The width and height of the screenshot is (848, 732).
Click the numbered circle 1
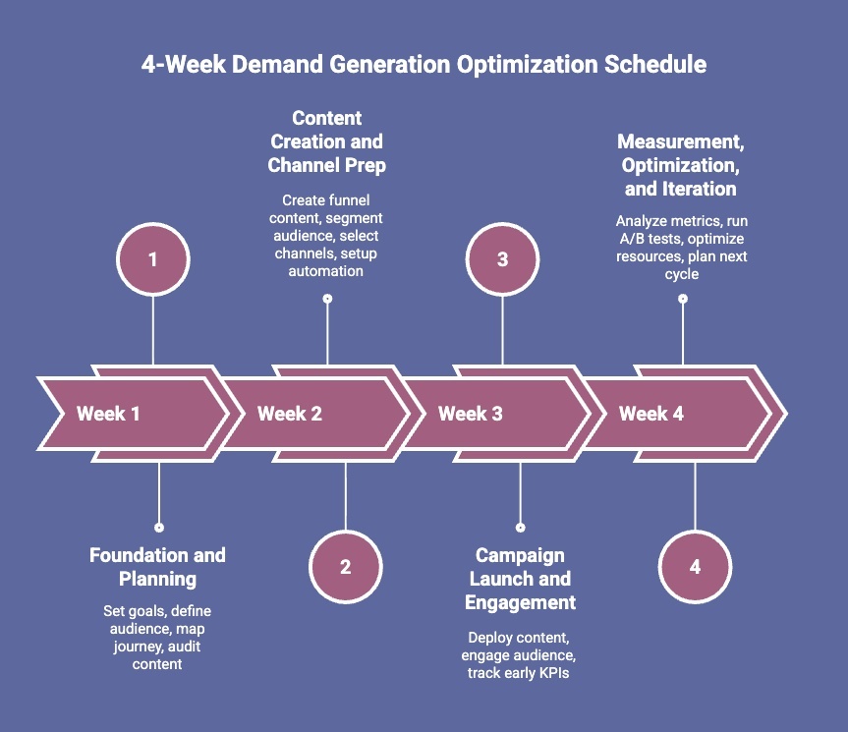point(152,259)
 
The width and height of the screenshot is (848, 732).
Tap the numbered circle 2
point(345,567)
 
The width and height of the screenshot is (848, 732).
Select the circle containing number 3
point(502,259)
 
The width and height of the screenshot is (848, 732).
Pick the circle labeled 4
point(695,567)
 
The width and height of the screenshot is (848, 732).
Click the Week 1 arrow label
point(108,414)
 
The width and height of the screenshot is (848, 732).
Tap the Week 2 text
point(289,414)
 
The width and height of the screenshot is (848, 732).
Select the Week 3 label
point(470,414)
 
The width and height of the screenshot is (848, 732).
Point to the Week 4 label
point(650,414)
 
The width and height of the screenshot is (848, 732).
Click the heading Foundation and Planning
point(157,567)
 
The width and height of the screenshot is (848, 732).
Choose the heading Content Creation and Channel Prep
point(326,142)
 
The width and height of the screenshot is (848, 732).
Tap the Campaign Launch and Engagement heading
point(520,579)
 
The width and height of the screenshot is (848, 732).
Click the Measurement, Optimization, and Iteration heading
point(680,165)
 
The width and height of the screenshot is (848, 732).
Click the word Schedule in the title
point(654,65)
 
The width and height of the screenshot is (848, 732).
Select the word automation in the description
point(326,270)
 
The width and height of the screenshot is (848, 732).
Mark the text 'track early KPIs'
point(520,673)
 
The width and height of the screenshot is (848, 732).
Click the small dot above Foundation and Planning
point(159,528)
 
